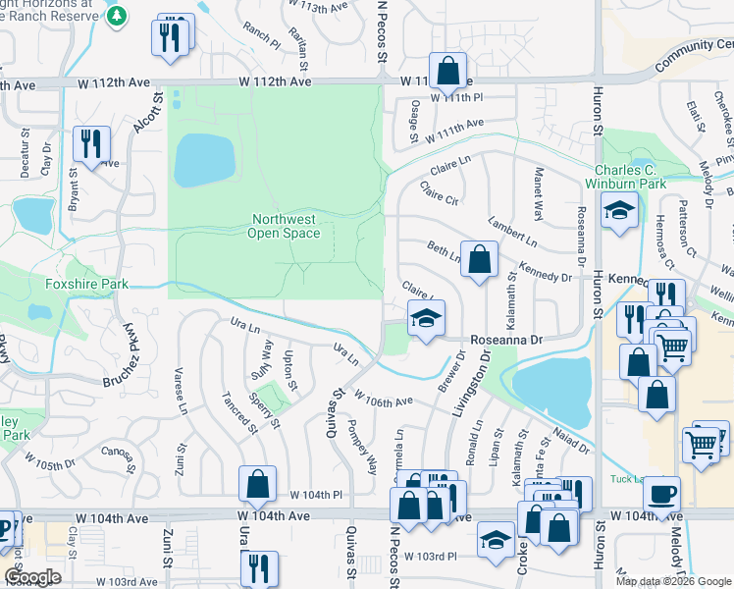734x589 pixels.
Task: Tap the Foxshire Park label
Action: [x=87, y=285]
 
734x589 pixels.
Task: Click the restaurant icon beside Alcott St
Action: [x=171, y=38]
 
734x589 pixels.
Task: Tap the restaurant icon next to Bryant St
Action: [x=91, y=144]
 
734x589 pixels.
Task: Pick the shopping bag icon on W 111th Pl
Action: [x=447, y=72]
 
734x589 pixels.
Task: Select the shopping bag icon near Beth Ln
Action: [x=478, y=260]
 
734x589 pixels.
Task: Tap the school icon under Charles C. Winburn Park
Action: [x=619, y=211]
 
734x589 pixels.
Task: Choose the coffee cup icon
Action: [x=667, y=493]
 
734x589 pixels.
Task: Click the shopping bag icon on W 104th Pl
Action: [x=257, y=484]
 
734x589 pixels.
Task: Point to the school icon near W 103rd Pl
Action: [x=497, y=540]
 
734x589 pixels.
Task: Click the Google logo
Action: [x=31, y=577]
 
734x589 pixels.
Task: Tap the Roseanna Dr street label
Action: [x=506, y=339]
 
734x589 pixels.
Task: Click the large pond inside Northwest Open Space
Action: [x=204, y=157]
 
